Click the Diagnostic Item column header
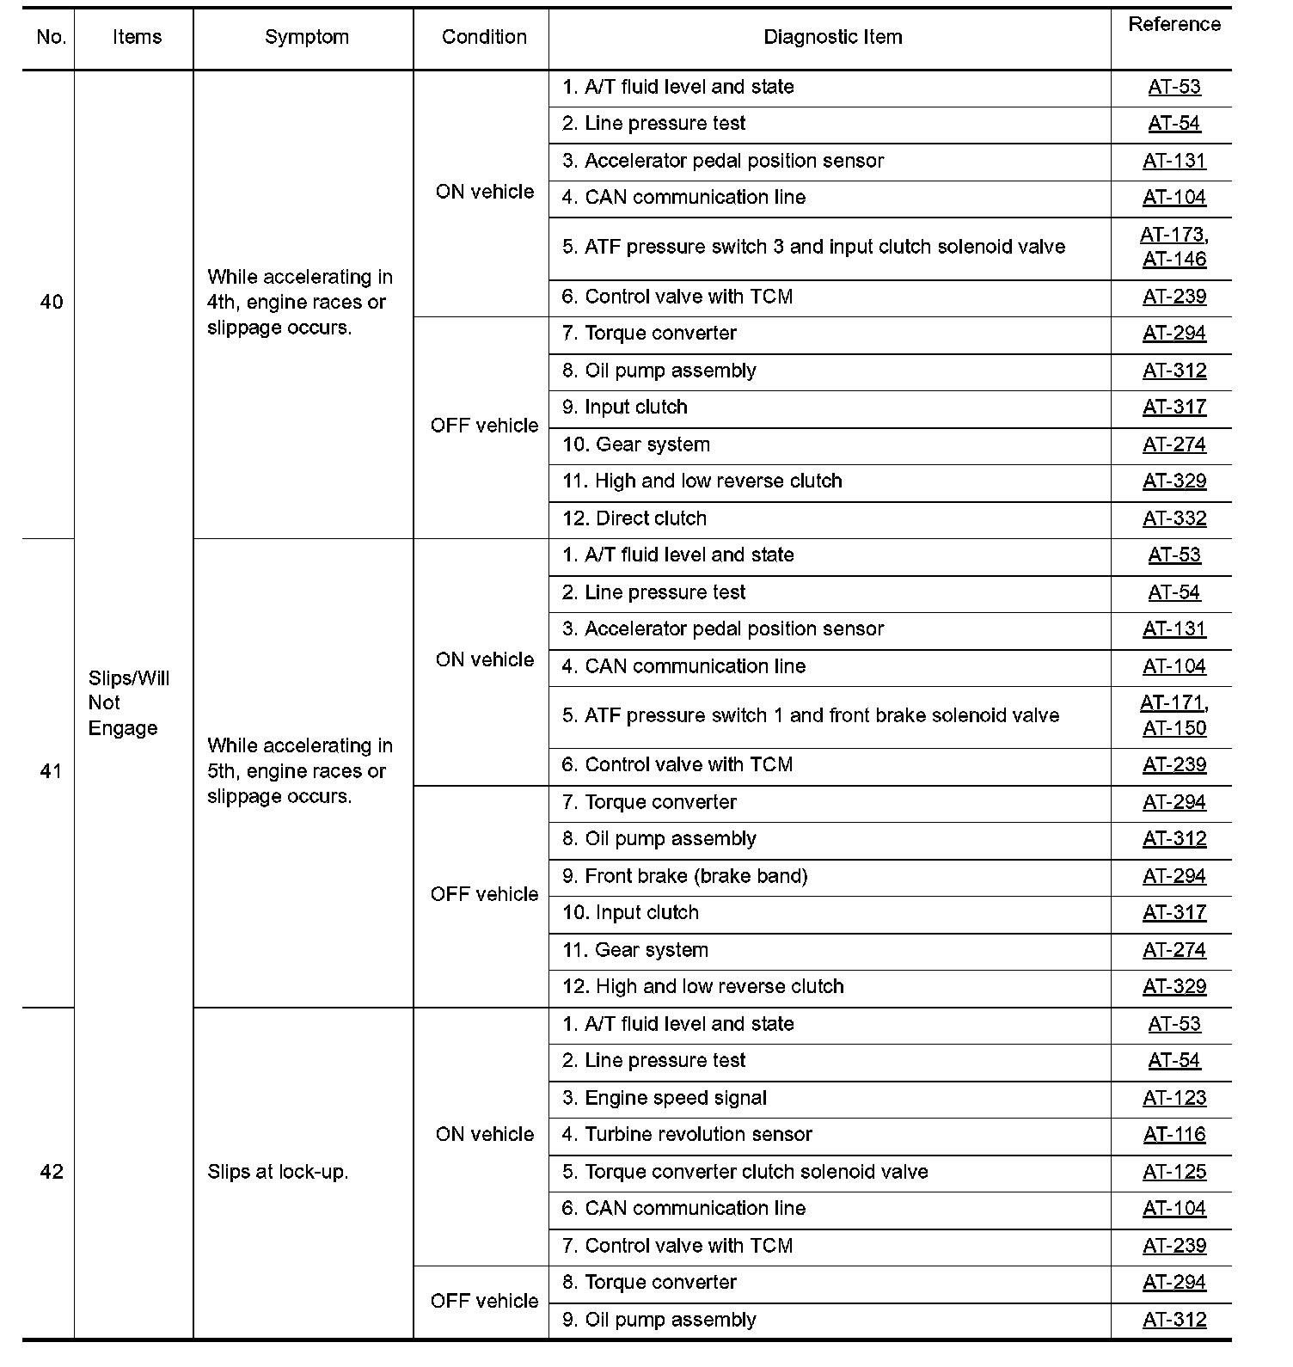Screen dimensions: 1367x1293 coord(832,37)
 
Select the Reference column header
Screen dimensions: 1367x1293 coord(1174,25)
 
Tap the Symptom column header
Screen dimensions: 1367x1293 coord(306,37)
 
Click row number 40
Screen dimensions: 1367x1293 coord(52,302)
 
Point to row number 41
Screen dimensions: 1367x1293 coord(52,771)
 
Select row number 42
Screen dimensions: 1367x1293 coord(52,1172)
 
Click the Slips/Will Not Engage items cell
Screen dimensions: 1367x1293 coord(129,702)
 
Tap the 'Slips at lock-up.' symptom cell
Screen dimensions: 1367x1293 coord(278,1172)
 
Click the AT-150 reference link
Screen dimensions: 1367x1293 coord(1174,728)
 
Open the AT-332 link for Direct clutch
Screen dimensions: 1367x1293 coord(1174,518)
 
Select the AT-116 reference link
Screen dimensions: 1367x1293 coord(1174,1135)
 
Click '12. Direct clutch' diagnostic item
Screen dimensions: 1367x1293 coord(634,518)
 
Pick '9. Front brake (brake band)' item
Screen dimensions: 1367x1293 coord(684,876)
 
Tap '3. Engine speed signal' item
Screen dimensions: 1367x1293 coord(664,1098)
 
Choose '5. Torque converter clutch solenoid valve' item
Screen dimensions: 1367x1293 coord(745,1172)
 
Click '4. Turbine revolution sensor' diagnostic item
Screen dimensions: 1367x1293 coord(686,1135)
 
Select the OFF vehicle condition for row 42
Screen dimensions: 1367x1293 coord(484,1301)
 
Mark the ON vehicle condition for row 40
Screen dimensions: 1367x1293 coord(484,192)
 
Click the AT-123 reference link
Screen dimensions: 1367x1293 coord(1174,1098)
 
